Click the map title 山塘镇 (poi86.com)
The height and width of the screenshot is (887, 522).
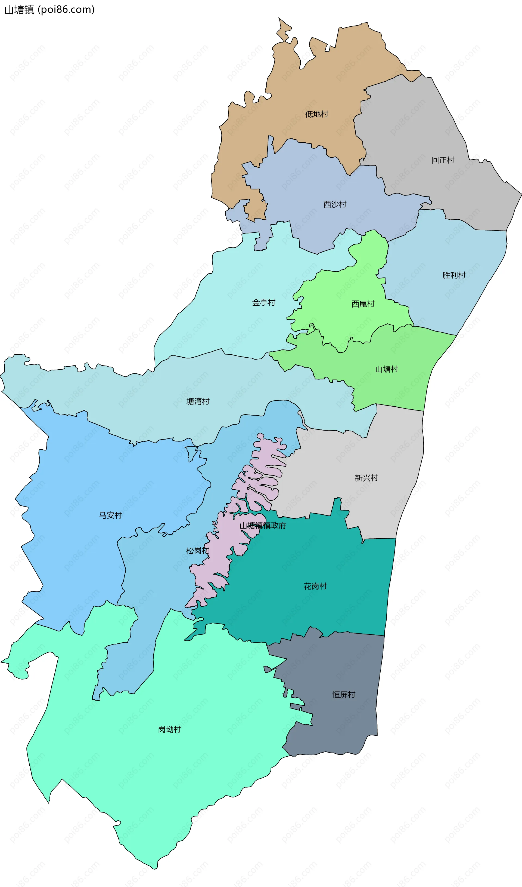[x=49, y=10]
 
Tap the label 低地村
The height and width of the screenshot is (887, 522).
[x=316, y=114]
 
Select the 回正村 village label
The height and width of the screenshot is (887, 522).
[x=443, y=160]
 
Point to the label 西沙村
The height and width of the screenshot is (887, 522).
[x=335, y=204]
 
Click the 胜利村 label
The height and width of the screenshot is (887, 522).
[x=454, y=275]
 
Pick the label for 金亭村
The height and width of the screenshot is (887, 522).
[x=263, y=302]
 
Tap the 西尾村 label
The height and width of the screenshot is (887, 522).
[x=363, y=304]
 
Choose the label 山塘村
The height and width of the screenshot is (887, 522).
[x=387, y=369]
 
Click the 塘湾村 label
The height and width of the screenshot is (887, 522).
[x=198, y=401]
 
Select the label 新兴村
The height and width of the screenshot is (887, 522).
[x=366, y=478]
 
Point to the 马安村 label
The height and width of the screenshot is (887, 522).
[x=110, y=515]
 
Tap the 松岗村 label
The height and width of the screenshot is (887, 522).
[x=197, y=551]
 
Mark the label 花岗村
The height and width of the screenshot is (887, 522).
[x=315, y=586]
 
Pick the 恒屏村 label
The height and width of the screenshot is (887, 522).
[x=344, y=694]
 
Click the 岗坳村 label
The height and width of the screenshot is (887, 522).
[x=170, y=729]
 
